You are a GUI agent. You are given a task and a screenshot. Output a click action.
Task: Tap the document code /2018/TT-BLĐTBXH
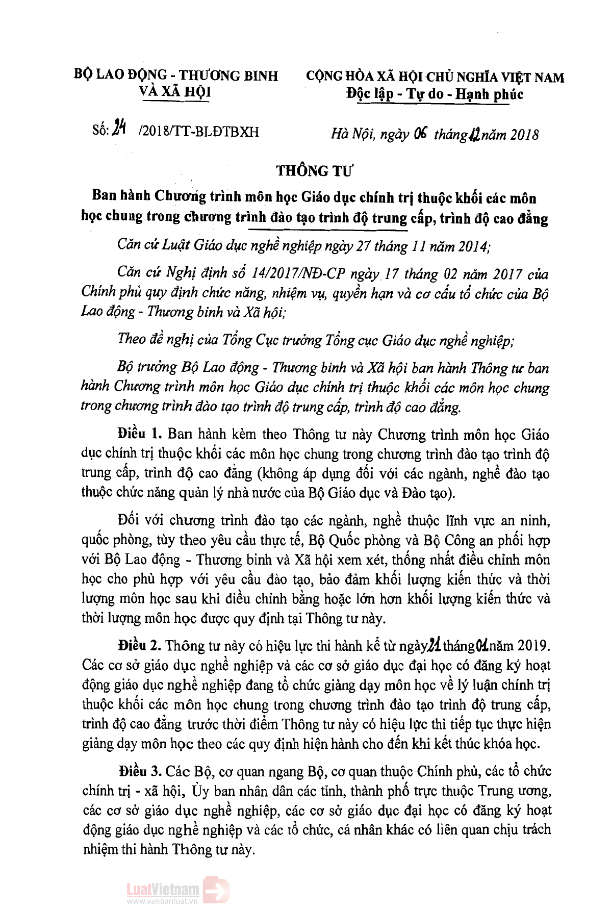[x=198, y=133]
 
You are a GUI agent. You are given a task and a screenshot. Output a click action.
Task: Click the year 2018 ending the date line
[x=521, y=135]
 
